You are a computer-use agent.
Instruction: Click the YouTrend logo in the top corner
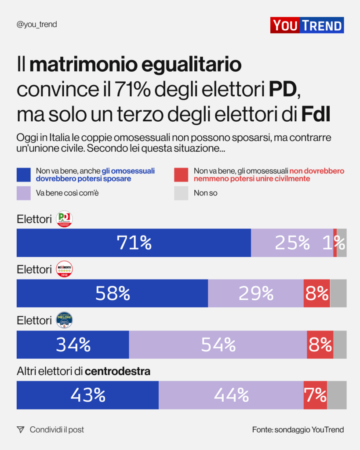pos(307,25)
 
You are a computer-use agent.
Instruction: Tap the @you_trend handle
pos(36,25)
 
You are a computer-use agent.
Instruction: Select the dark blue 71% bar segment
pos(134,243)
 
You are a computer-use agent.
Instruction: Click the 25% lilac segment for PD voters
pos(292,243)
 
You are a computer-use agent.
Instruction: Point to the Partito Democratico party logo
pos(65,219)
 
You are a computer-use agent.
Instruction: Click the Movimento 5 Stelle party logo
pos(65,269)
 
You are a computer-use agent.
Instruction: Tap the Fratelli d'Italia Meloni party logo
pos(65,320)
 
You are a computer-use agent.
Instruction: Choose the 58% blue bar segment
pos(112,293)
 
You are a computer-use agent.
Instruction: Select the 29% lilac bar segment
pos(255,293)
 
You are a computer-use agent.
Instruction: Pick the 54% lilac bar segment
pos(218,345)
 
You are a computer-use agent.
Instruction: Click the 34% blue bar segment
pos(73,345)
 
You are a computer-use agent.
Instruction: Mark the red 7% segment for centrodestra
pos(315,395)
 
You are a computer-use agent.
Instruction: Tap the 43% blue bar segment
pos(87,395)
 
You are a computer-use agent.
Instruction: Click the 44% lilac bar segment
pos(231,395)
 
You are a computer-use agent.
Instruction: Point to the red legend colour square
pos(181,174)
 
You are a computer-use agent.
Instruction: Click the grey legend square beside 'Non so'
pos(181,193)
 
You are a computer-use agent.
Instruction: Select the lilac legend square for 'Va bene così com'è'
pos(24,193)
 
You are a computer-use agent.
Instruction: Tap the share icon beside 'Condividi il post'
pos(20,430)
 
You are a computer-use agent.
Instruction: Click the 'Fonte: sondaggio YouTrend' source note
pos(298,430)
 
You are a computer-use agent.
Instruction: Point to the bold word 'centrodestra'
pos(117,371)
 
